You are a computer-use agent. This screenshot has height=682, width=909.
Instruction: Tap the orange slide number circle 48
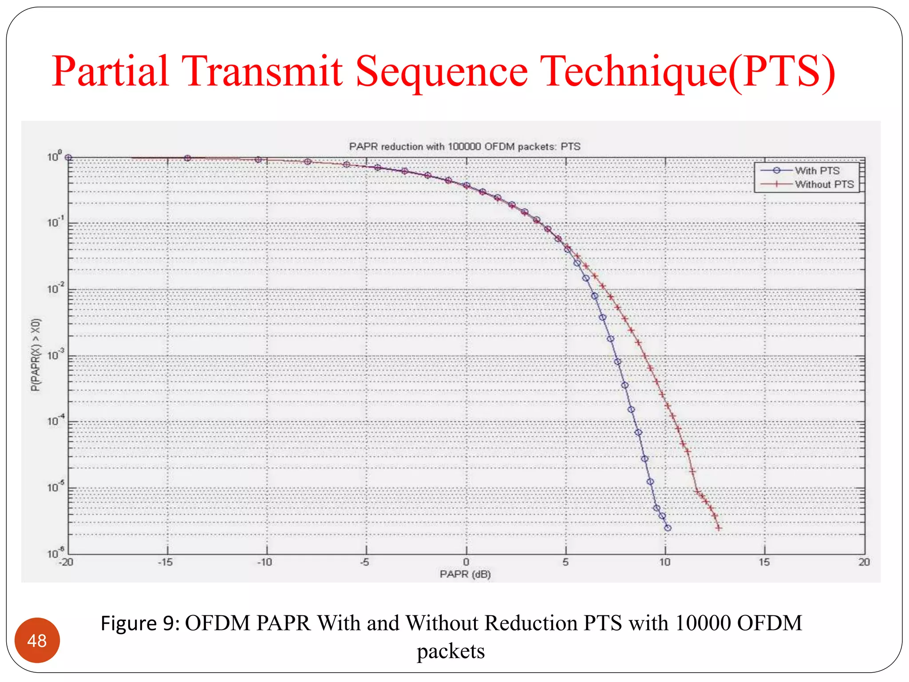pos(37,640)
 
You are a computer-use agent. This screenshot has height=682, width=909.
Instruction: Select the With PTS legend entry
pos(817,170)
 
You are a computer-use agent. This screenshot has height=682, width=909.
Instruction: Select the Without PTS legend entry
pos(824,184)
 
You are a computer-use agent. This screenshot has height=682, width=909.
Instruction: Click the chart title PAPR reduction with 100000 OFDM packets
pos(464,147)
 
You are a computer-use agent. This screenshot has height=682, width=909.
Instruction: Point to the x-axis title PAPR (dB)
pos(465,574)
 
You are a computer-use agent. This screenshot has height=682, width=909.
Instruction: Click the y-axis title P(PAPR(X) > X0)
pos(36,354)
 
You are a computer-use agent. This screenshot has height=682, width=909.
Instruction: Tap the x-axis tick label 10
pos(664,562)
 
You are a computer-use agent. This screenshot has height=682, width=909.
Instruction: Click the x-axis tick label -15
pos(165,562)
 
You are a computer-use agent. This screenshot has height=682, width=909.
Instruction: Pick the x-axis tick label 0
pos(466,562)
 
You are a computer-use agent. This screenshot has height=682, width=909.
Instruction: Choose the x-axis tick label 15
pos(764,562)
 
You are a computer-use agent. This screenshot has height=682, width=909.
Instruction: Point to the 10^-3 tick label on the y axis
pos(55,355)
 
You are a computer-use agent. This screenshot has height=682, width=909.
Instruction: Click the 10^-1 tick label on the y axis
pos(55,222)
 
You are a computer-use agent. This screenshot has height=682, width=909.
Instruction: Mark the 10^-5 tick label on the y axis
pos(55,488)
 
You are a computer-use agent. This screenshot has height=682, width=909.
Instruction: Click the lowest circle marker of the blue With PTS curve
pos(668,528)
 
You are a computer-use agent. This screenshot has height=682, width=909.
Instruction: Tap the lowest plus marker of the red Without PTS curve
pos(718,528)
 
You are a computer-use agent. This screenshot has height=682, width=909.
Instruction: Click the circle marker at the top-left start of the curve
pos(68,158)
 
